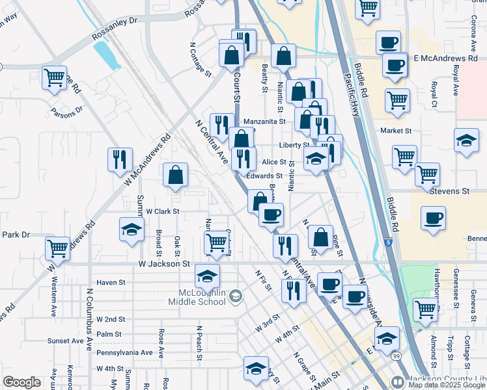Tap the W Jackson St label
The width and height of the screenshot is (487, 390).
click(163, 265)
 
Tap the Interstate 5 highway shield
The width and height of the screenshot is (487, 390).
click(389, 242)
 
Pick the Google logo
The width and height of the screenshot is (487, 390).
click(22, 382)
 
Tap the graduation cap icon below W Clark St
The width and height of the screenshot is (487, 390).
click(132, 229)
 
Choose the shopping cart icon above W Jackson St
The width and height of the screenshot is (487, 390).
click(217, 242)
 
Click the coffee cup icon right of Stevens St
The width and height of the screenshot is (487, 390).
click(433, 218)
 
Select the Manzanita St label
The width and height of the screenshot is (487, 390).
click(264, 122)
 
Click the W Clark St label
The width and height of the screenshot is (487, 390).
click(162, 211)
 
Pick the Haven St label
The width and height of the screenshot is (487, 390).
click(110, 283)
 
